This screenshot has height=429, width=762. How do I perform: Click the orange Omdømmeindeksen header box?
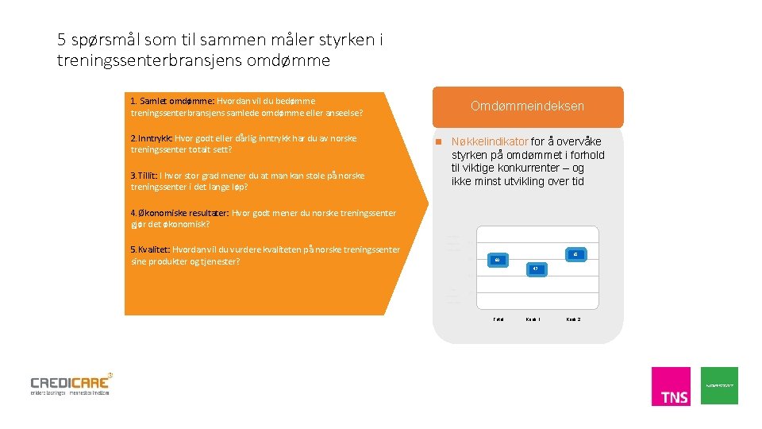pyautogui.click(x=527, y=106)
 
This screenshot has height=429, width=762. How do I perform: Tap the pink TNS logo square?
pyautogui.click(x=671, y=386)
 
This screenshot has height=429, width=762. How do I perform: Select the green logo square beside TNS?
pyautogui.click(x=719, y=385)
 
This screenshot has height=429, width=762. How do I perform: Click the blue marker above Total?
pyautogui.click(x=498, y=260)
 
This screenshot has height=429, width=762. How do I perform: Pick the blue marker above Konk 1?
pyautogui.click(x=537, y=269)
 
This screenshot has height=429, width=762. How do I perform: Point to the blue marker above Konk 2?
pyautogui.click(x=575, y=254)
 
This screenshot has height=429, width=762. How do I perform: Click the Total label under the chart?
pyautogui.click(x=498, y=319)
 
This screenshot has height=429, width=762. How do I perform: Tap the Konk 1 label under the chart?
pyautogui.click(x=533, y=319)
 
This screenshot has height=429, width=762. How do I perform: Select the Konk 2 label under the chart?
pyautogui.click(x=573, y=319)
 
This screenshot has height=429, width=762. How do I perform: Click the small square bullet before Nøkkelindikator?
pyautogui.click(x=437, y=142)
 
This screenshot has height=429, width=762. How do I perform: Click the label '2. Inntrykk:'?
pyautogui.click(x=152, y=138)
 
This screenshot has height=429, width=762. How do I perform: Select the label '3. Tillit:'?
pyautogui.click(x=144, y=176)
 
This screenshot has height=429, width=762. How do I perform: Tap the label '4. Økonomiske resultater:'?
pyautogui.click(x=180, y=213)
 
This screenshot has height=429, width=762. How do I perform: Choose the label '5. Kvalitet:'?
pyautogui.click(x=151, y=249)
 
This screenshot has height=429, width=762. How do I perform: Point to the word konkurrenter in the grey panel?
pyautogui.click(x=552, y=168)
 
